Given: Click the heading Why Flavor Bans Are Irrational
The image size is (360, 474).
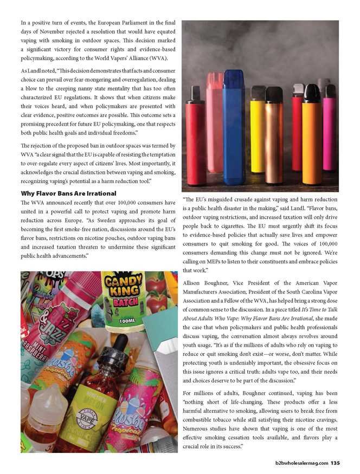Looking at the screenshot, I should [x=68, y=193].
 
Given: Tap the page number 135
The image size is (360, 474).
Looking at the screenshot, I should [x=335, y=463].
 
